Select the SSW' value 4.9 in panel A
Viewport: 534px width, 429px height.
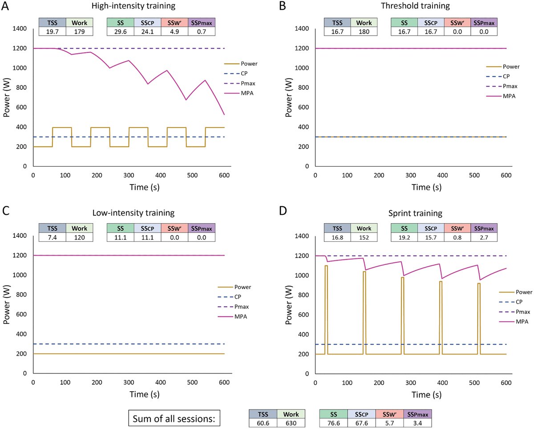pyautogui.click(x=174, y=32)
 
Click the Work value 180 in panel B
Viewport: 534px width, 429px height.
pyautogui.click(x=364, y=32)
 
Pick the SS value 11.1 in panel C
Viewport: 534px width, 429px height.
pyautogui.click(x=121, y=238)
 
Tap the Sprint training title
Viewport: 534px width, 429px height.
pyautogui.click(x=410, y=213)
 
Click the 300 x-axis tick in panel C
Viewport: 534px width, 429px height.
pyautogui.click(x=129, y=382)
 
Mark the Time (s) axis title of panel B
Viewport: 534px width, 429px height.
pyautogui.click(x=410, y=187)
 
